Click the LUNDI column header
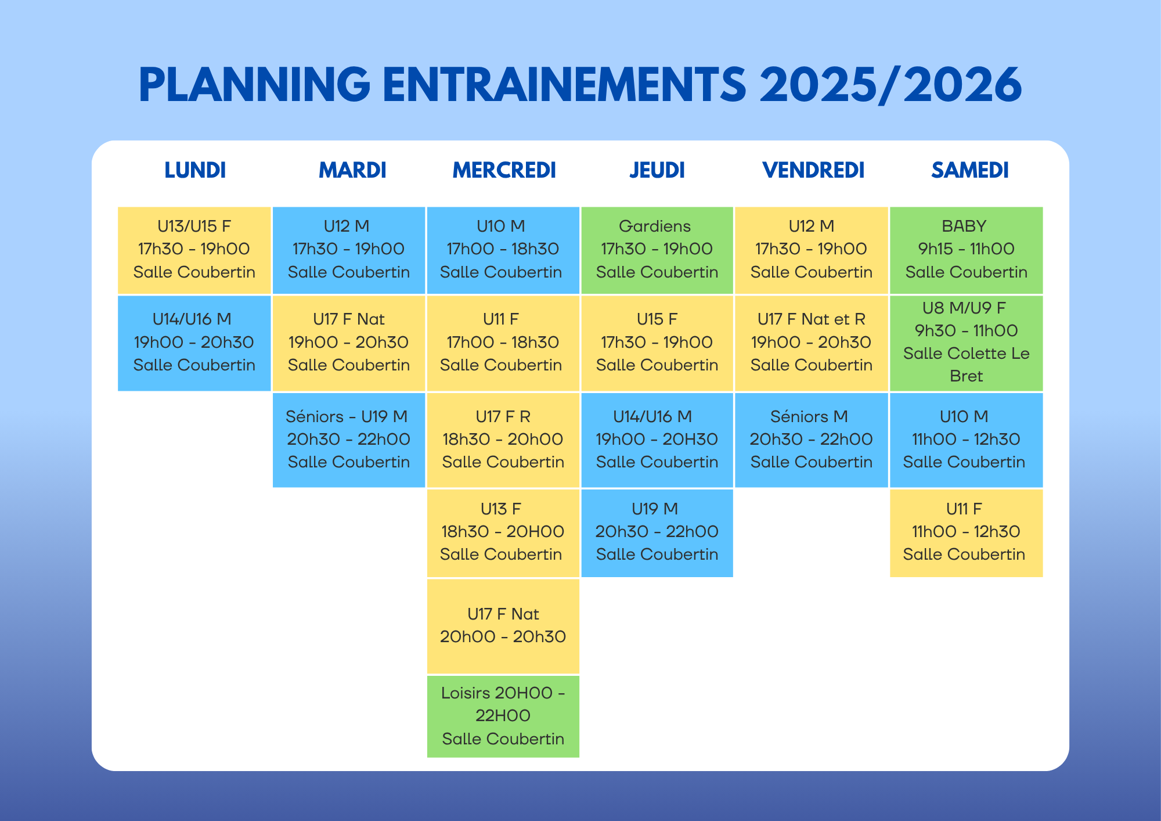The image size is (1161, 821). [195, 170]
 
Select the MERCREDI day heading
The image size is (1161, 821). [504, 170]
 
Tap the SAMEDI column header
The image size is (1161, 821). [970, 170]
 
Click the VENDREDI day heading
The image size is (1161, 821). [813, 170]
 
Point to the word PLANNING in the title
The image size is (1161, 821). [254, 85]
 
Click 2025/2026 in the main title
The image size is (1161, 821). [891, 85]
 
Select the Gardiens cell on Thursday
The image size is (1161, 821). [657, 250]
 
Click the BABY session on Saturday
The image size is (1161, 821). [967, 250]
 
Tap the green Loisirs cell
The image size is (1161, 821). [503, 716]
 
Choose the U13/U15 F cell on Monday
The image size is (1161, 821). [194, 250]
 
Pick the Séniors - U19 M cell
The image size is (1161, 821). [349, 440]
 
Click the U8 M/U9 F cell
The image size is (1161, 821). [967, 343]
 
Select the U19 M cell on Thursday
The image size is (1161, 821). [657, 533]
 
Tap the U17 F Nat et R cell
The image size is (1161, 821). [812, 343]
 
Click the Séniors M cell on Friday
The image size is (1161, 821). [812, 440]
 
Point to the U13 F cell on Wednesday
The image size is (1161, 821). [503, 533]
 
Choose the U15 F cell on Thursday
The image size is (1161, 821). [657, 343]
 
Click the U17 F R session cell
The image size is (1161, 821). [503, 440]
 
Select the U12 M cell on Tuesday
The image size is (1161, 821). [349, 250]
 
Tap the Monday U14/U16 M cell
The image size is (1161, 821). [194, 343]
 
